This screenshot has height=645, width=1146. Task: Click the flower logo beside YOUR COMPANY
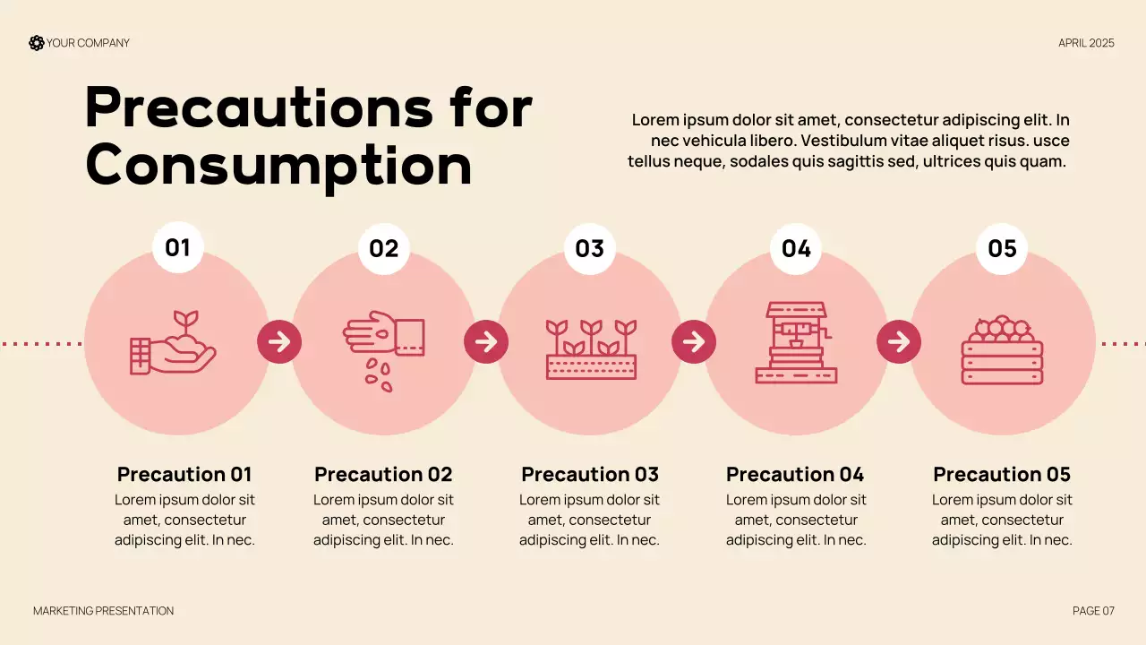[37, 43]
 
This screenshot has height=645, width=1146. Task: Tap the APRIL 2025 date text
[1086, 43]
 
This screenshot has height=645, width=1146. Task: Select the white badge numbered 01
[178, 248]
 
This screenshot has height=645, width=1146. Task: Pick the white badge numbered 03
[590, 249]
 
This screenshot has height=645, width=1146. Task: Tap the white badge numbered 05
[1002, 249]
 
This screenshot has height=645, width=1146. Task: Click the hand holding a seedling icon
[173, 342]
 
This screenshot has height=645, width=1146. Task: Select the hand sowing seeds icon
[384, 351]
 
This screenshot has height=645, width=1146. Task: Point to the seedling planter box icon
[591, 349]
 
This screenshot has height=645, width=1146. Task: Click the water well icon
[796, 342]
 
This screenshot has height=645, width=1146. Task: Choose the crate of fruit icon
[1002, 349]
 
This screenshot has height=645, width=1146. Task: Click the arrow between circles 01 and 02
[279, 342]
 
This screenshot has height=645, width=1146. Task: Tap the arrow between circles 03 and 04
[694, 342]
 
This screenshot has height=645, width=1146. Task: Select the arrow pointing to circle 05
[899, 342]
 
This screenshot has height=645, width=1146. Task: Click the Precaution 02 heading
[384, 475]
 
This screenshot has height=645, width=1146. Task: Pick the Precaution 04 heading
[796, 475]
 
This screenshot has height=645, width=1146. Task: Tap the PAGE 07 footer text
[1093, 611]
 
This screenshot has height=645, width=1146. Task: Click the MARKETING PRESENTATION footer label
[103, 611]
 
